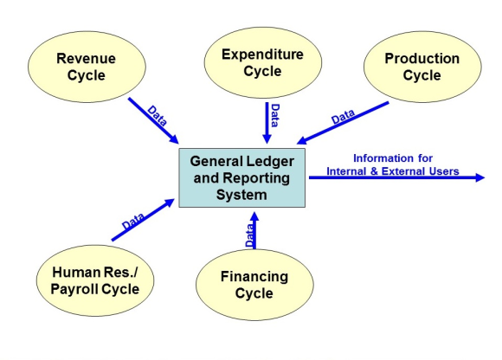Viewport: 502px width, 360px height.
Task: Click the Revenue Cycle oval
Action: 87,67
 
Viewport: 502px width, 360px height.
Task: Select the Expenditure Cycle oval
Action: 263,62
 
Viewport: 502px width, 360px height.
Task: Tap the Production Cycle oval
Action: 422,67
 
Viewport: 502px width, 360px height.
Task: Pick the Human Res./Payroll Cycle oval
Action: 95,280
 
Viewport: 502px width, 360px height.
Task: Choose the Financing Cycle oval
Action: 254,285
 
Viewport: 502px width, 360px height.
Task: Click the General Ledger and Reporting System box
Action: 241,177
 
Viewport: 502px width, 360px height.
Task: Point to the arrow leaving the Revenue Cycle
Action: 153,120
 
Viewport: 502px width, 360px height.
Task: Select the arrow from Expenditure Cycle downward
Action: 267,123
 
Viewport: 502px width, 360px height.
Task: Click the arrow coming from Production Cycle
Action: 343,123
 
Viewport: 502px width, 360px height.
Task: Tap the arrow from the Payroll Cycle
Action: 143,220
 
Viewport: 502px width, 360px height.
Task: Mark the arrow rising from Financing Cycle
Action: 254,230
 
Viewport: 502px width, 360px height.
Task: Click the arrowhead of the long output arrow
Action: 480,177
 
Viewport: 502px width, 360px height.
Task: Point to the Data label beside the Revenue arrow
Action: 157,116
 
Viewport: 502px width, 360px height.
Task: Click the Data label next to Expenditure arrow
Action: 275,115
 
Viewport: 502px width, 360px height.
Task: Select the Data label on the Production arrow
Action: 344,117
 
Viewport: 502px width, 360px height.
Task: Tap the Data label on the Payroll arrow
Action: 133,221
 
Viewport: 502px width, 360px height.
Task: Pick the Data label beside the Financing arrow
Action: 250,235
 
